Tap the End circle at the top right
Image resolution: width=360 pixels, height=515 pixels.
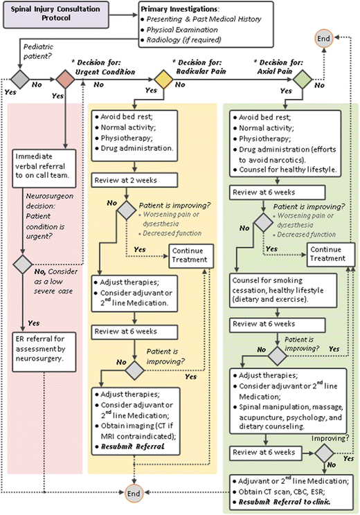[x=341, y=39]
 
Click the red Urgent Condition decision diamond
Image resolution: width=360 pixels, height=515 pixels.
[x=65, y=80]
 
